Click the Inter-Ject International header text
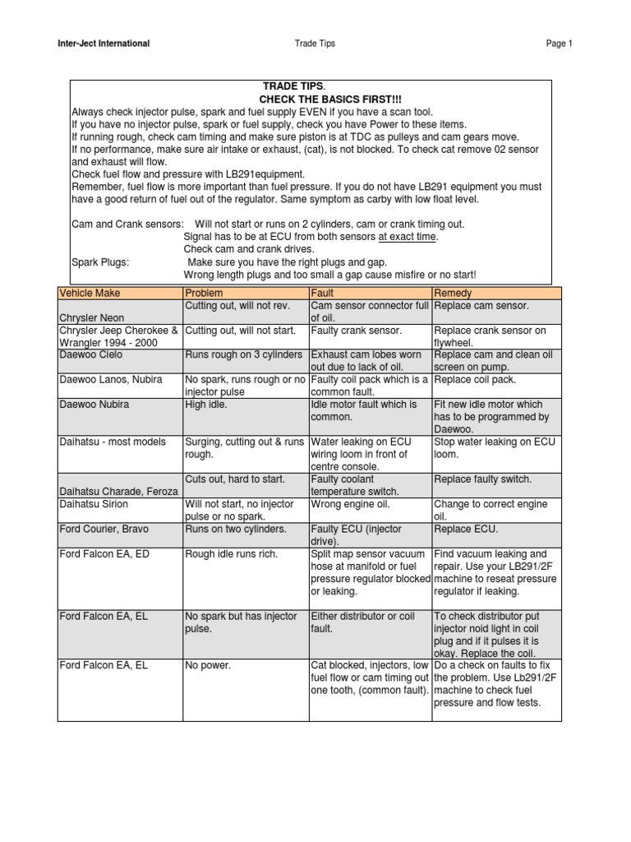click(x=104, y=44)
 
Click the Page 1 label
click(x=559, y=44)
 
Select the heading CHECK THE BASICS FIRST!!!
click(x=311, y=99)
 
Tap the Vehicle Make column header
click(x=88, y=293)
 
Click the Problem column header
click(x=204, y=293)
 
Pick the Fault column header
click(x=322, y=293)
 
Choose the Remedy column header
click(x=453, y=293)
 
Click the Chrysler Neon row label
click(x=90, y=317)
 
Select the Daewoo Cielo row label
click(x=90, y=354)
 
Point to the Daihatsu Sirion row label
click(x=94, y=504)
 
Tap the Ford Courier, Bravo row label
click(x=104, y=529)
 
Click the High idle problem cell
click(x=208, y=405)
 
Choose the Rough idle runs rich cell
click(x=232, y=554)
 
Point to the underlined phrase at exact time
click(x=408, y=237)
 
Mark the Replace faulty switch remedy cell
click(x=482, y=479)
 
